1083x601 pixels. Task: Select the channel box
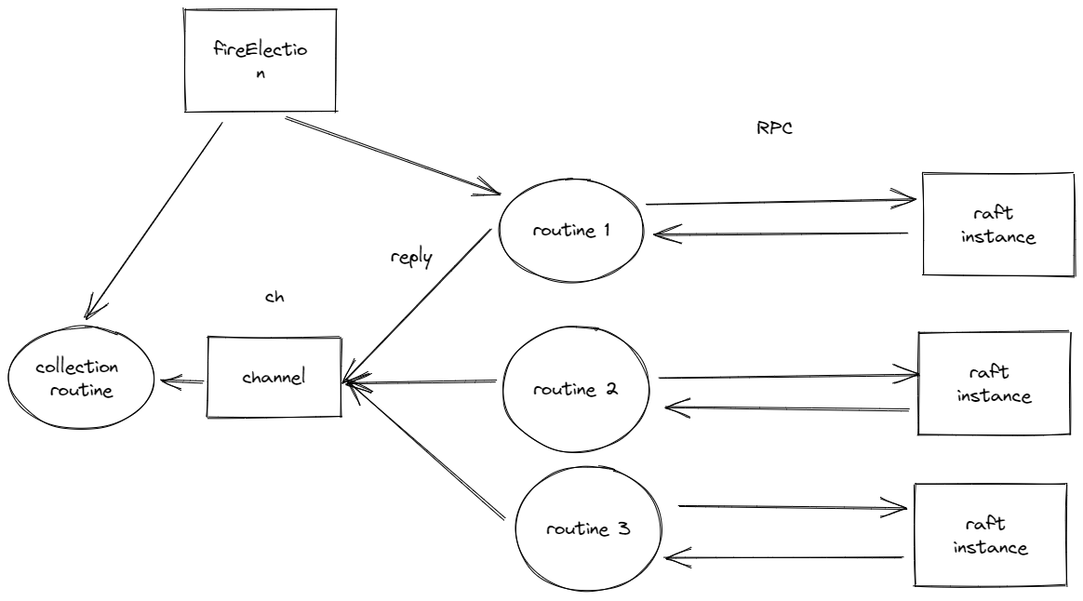[x=273, y=379]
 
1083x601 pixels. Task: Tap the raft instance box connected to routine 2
[x=994, y=383]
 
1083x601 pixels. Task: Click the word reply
[x=411, y=258]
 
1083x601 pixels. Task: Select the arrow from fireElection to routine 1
[x=391, y=155]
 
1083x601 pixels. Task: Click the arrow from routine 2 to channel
[x=421, y=381]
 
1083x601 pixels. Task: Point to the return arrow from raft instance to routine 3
[x=783, y=558]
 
